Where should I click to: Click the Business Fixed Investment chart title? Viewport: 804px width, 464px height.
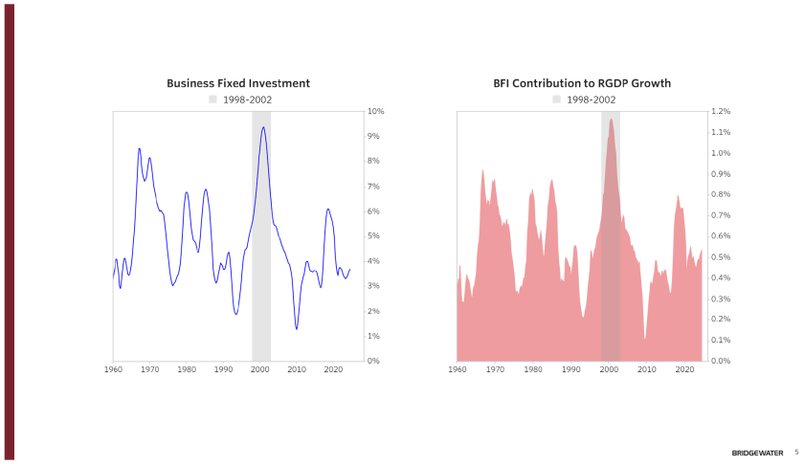tap(237, 83)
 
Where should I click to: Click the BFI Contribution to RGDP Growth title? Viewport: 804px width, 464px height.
tap(582, 83)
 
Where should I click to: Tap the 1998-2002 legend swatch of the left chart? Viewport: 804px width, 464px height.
tap(212, 99)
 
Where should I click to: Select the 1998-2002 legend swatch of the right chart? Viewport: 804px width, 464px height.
tap(556, 99)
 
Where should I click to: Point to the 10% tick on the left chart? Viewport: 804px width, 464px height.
tap(375, 112)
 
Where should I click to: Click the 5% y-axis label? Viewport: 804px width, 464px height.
tap(375, 236)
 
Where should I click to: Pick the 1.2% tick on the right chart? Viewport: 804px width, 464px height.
tap(720, 112)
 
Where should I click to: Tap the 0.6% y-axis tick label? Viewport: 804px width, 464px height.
tap(720, 236)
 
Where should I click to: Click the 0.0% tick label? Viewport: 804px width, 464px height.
tap(720, 361)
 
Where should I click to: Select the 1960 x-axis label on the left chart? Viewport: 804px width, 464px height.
tap(114, 369)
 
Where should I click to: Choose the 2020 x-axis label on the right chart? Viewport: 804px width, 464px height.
tap(683, 369)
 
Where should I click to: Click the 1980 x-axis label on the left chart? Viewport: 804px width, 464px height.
tap(187, 369)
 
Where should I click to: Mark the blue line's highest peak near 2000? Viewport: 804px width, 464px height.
tap(263, 127)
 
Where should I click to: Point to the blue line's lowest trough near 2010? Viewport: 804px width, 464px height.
tap(297, 329)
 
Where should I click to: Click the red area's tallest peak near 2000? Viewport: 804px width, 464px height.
tap(611, 120)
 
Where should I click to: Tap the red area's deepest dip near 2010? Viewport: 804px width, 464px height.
tap(645, 339)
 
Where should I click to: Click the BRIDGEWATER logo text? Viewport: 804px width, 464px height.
tap(757, 453)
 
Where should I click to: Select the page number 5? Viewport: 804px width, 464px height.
tap(795, 453)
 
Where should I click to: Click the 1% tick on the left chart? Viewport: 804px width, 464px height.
tap(375, 336)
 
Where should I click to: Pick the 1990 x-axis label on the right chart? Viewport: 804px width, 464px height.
tap(570, 369)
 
